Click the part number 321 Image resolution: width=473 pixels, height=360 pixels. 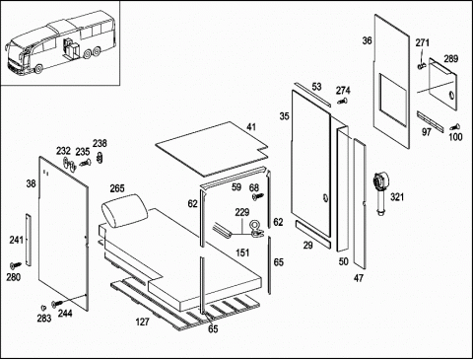click(x=397, y=197)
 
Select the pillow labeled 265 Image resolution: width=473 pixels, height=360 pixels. click(x=125, y=210)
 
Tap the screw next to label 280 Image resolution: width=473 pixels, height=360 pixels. click(x=15, y=264)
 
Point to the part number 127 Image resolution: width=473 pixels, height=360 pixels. click(x=143, y=322)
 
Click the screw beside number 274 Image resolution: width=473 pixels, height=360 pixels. click(x=343, y=101)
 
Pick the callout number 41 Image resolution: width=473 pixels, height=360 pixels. click(x=251, y=127)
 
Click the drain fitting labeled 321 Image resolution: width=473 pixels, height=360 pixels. click(x=380, y=194)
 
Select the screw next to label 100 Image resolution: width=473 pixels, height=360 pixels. click(x=455, y=126)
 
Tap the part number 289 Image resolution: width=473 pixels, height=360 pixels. click(x=450, y=59)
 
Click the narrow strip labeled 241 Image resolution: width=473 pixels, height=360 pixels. click(x=29, y=240)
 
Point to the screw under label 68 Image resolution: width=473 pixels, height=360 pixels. click(x=257, y=196)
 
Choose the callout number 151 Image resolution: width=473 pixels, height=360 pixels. click(x=242, y=252)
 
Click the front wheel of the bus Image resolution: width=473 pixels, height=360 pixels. click(x=38, y=69)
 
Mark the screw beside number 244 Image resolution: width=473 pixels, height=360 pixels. click(x=57, y=304)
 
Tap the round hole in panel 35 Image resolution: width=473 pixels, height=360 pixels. click(x=325, y=198)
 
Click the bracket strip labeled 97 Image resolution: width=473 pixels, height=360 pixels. click(x=431, y=121)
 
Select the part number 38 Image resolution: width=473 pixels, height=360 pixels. click(x=31, y=183)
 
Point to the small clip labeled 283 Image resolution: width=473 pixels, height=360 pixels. click(x=43, y=308)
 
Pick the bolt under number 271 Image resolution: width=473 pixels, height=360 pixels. click(x=422, y=65)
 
